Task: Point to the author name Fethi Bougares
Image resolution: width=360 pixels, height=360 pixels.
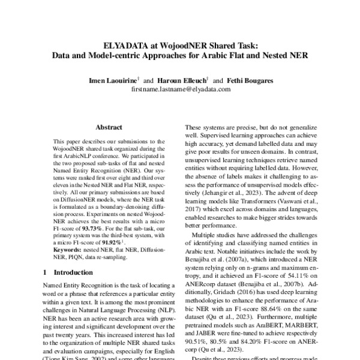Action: coord(247,80)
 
